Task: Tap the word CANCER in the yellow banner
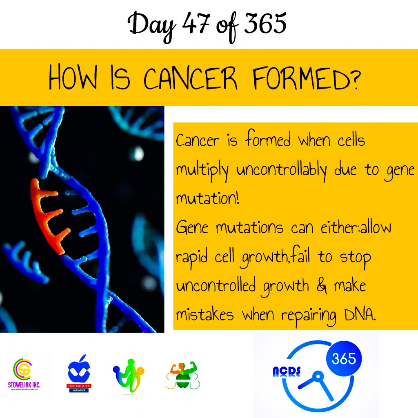(x=190, y=79)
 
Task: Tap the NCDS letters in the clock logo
(x=286, y=372)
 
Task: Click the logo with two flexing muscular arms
(x=183, y=375)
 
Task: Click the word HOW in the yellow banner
(x=72, y=79)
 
